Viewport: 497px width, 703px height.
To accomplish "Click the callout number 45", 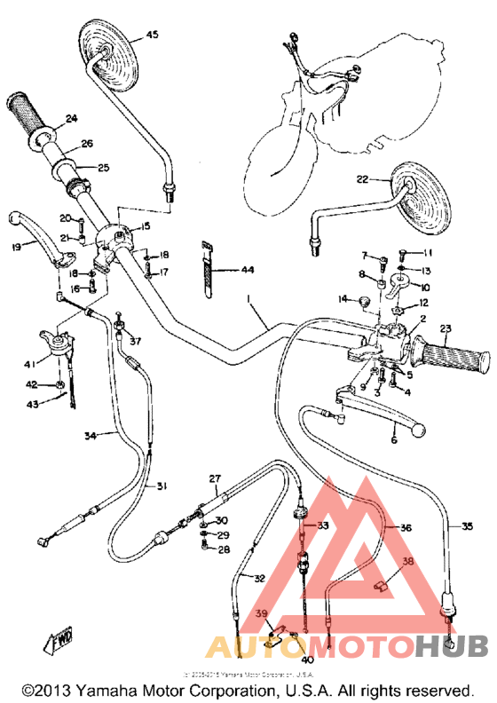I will [x=152, y=35].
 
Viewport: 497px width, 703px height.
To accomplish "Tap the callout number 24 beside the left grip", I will [x=70, y=118].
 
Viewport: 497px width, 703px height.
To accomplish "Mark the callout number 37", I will [x=135, y=341].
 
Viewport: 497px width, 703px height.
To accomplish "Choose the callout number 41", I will [x=31, y=364].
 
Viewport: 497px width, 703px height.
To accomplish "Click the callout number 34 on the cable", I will [x=91, y=435].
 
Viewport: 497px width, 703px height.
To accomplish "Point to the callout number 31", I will [x=162, y=486].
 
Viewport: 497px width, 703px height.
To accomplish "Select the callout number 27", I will [x=214, y=479].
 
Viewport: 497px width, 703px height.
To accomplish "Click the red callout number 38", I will [x=407, y=561].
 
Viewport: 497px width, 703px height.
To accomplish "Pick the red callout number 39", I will [x=262, y=614].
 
